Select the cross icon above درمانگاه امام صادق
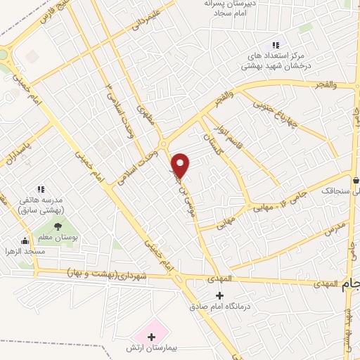(x=220, y=295)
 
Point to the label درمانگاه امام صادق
(x=220, y=307)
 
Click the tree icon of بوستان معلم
(x=58, y=226)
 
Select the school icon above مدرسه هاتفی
(x=40, y=188)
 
